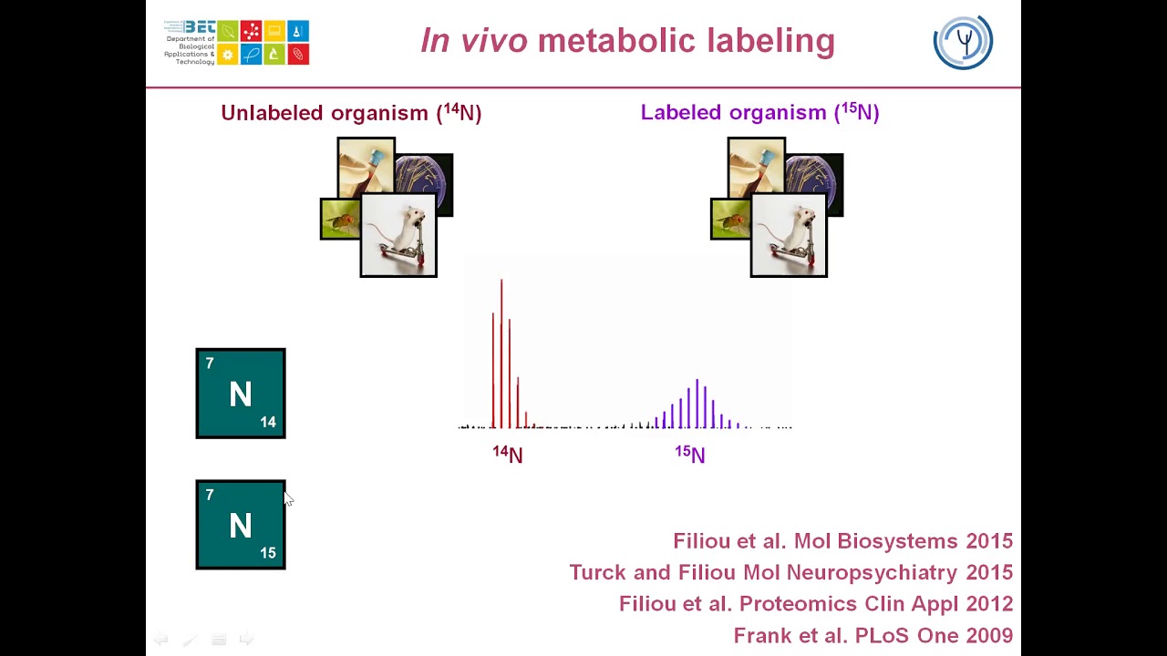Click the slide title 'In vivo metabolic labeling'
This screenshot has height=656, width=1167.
point(628,41)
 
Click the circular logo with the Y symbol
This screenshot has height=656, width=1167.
point(963,42)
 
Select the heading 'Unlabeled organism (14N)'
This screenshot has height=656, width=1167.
point(351,112)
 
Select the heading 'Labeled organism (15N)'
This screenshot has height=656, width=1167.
point(760,112)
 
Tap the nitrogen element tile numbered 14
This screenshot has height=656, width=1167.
point(241,393)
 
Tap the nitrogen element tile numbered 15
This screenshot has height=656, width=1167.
point(241,524)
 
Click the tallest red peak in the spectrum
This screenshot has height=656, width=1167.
point(501,354)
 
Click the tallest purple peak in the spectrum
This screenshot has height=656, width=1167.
point(697,404)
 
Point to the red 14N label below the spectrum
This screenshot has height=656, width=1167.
point(508,454)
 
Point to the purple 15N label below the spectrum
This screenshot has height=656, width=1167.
point(690,454)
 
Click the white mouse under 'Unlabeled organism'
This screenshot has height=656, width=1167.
point(398,235)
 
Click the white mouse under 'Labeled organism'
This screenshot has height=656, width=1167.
point(789,235)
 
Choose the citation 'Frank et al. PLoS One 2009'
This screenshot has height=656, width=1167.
point(873,635)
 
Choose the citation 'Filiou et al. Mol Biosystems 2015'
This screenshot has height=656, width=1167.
point(843,541)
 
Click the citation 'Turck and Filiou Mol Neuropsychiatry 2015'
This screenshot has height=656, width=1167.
point(791,572)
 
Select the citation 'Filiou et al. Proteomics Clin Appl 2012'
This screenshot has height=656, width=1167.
point(816,604)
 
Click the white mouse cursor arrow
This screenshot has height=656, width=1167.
point(289,498)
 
